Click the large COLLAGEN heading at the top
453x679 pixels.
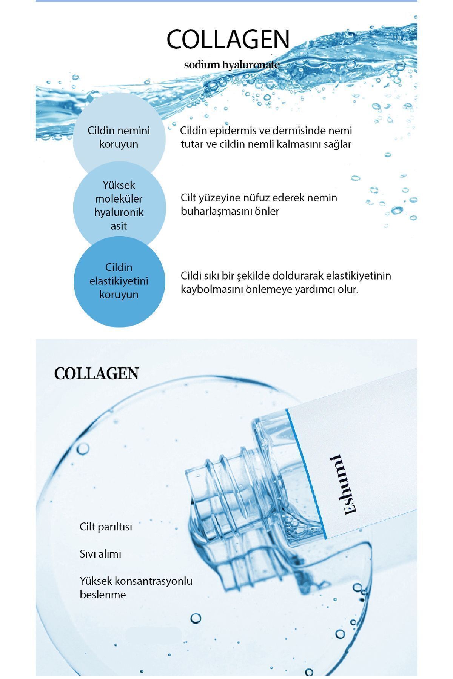pyautogui.click(x=228, y=39)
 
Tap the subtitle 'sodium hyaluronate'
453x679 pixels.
pyautogui.click(x=232, y=65)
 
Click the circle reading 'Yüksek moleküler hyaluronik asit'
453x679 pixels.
pyautogui.click(x=119, y=206)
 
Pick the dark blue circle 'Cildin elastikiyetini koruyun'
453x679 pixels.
pyautogui.click(x=119, y=281)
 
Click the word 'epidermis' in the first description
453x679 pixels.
pyautogui.click(x=239, y=131)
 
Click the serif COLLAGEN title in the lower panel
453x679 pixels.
pyautogui.click(x=97, y=373)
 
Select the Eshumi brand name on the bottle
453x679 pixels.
pyautogui.click(x=346, y=484)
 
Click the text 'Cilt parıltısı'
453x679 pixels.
pyautogui.click(x=106, y=527)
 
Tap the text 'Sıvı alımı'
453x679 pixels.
pyautogui.click(x=100, y=554)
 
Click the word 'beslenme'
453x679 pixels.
pyautogui.click(x=103, y=595)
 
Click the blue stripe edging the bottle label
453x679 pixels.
pyautogui.click(x=306, y=474)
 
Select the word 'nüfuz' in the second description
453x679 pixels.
pyautogui.click(x=256, y=198)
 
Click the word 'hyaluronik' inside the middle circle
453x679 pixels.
pyautogui.click(x=119, y=213)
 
